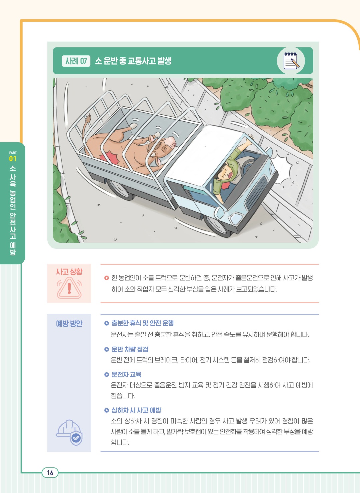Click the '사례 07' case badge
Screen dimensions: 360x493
coord(76,61)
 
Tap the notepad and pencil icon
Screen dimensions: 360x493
coord(291,61)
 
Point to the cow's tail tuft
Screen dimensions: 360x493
coord(88,119)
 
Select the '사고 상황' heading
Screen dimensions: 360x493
coord(69,272)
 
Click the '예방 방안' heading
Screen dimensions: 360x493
coord(69,323)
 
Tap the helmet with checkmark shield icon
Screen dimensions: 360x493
coord(69,432)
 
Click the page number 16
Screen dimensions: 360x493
coord(50,473)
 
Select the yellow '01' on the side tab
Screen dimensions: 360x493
coord(13,159)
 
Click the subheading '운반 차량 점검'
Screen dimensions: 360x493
coord(130,349)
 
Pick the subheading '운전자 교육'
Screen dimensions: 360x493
coord(126,374)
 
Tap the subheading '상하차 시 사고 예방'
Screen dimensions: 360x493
coord(136,410)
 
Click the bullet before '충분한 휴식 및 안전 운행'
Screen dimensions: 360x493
coord(107,323)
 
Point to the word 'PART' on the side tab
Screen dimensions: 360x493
coord(13,153)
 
